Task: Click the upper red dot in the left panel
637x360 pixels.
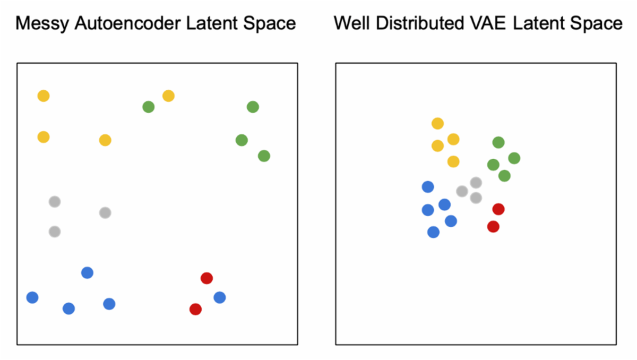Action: point(206,278)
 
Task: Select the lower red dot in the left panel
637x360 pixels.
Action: point(195,309)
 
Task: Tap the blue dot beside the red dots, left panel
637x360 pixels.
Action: point(219,297)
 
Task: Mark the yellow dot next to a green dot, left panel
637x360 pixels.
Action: point(168,96)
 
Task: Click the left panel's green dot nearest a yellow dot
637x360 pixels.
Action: point(149,107)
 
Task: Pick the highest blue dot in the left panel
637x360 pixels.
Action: point(87,272)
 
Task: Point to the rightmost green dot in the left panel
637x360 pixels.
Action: point(264,156)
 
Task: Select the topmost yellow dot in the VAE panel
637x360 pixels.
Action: point(437,123)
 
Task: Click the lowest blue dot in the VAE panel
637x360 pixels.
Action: point(433,232)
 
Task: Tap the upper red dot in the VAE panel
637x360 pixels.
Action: point(498,209)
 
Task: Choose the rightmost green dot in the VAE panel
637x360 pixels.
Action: point(514,158)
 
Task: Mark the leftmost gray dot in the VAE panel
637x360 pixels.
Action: point(462,191)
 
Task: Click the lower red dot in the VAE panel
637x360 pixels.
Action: point(493,227)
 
